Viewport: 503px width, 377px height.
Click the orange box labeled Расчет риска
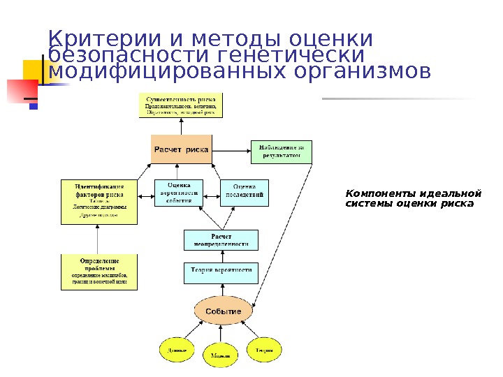pos(181,149)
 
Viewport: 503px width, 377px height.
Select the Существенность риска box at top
pos(181,105)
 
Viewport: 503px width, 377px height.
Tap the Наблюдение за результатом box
pos(281,151)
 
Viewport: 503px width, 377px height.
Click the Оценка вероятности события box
pos(178,193)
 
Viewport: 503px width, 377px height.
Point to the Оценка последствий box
pos(245,193)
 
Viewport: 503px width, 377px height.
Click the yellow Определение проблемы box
pos(99,272)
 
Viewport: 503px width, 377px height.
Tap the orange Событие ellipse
pos(222,311)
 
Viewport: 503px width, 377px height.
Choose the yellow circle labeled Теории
pos(264,350)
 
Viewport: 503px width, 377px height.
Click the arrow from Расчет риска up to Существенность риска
pos(181,126)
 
